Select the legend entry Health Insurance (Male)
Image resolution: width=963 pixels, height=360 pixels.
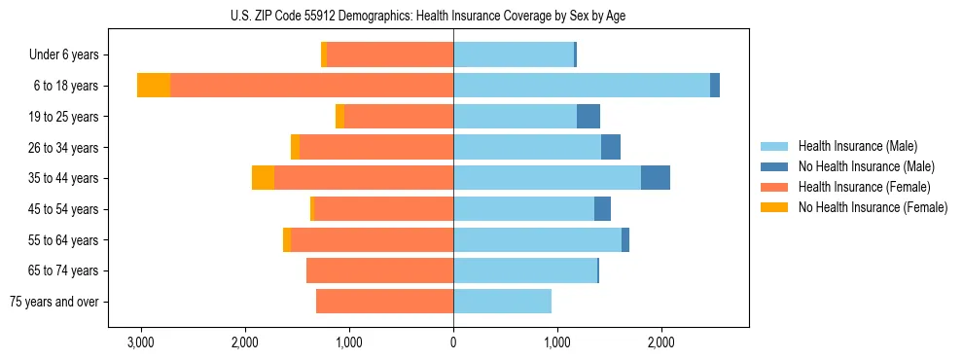857,146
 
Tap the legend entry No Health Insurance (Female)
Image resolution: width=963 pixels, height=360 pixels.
873,207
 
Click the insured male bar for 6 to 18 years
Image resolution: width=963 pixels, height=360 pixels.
582,86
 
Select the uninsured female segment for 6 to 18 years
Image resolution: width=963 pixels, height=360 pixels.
154,86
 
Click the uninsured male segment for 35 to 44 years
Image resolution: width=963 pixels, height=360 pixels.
656,178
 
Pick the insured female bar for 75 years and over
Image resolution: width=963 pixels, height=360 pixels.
384,302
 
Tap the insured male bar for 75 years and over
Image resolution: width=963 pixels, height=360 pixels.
502,302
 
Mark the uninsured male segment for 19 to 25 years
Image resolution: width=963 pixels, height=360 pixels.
588,117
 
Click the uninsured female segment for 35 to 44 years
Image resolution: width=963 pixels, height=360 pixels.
263,178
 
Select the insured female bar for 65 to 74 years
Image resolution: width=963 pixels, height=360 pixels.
379,270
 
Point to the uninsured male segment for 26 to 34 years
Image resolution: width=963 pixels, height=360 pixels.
611,147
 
